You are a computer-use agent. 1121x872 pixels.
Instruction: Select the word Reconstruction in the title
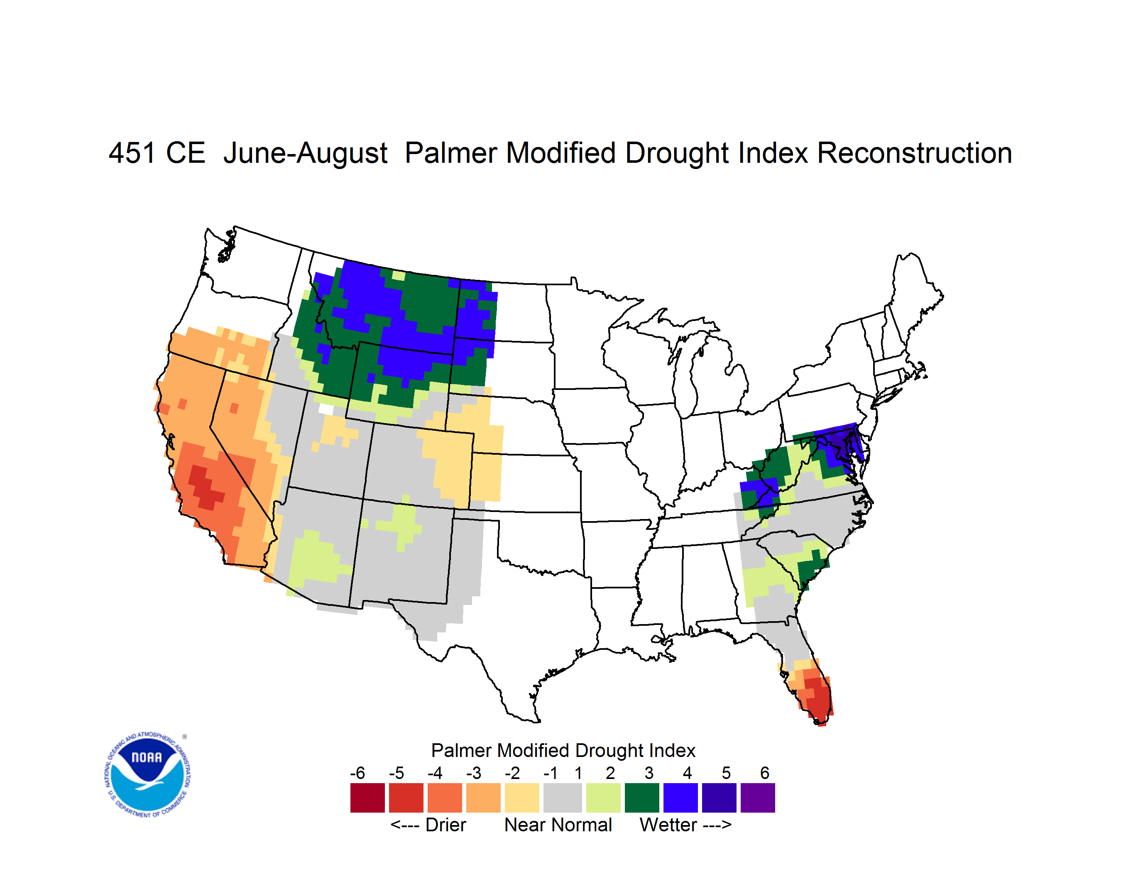914,153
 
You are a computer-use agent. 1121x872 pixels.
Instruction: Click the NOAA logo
147,775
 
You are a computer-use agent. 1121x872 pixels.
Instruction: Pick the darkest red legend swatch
367,798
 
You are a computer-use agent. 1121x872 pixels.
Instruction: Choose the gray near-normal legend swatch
563,798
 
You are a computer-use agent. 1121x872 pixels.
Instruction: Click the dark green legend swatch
641,798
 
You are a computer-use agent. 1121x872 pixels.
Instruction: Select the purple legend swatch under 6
758,798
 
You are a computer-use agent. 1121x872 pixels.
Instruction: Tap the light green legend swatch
603,798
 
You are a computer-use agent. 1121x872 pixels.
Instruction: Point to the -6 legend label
358,772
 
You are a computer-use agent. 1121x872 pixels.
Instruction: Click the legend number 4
687,772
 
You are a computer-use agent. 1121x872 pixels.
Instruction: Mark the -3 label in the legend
474,772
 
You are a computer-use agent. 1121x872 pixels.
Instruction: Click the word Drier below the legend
445,825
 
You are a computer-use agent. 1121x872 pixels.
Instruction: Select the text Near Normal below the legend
558,825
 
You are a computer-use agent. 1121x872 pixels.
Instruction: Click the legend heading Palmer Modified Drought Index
563,750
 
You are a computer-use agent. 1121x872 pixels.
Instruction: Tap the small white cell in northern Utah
326,409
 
